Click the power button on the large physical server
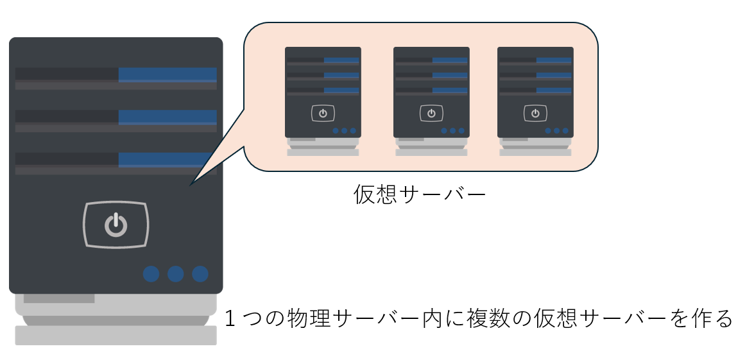[116, 225]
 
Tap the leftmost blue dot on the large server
[151, 274]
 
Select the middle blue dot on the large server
[175, 274]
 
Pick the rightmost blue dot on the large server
[200, 274]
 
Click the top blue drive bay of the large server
[167, 74]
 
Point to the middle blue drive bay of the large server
[167, 117]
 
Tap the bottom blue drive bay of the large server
[164, 159]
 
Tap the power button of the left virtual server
[323, 114]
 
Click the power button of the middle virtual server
[431, 114]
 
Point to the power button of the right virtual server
[535, 114]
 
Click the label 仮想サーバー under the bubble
[419, 194]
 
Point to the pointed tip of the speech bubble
[191, 185]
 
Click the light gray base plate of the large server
[116, 335]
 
